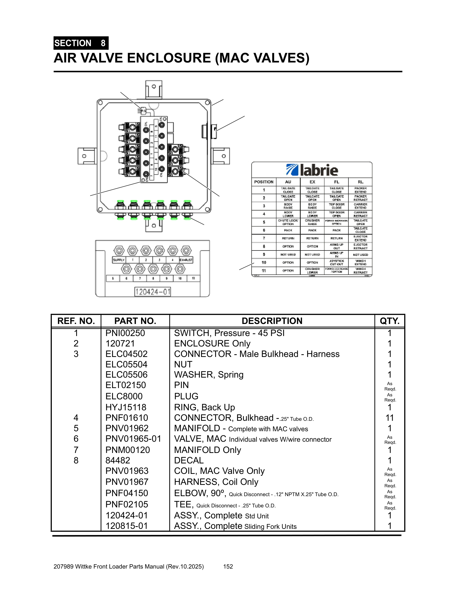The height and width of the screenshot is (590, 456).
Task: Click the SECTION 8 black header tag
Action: click(81, 43)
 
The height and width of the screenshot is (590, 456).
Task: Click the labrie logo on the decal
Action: click(312, 170)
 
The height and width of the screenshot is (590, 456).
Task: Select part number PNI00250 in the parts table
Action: click(125, 333)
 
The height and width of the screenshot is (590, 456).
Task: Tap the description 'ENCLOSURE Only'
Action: click(212, 343)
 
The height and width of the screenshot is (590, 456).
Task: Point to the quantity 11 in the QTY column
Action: click(389, 418)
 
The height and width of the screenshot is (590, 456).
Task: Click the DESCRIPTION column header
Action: click(272, 321)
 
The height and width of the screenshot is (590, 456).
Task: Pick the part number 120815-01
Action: click(126, 526)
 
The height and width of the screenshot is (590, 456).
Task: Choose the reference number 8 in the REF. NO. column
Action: click(76, 460)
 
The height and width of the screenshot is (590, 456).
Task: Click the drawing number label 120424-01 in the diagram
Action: click(153, 292)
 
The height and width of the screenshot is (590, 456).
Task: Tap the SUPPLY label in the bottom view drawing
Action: click(119, 260)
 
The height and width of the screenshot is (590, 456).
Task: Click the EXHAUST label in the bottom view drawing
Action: click(186, 260)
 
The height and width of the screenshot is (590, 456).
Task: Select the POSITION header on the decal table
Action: click(264, 182)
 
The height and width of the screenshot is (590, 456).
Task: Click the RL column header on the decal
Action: click(360, 182)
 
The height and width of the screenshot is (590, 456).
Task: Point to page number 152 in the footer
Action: click(228, 566)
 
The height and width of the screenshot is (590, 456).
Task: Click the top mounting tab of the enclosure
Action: click(154, 89)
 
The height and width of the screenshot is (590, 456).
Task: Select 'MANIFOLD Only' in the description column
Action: click(207, 450)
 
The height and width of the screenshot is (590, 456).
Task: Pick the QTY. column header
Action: click(389, 321)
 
